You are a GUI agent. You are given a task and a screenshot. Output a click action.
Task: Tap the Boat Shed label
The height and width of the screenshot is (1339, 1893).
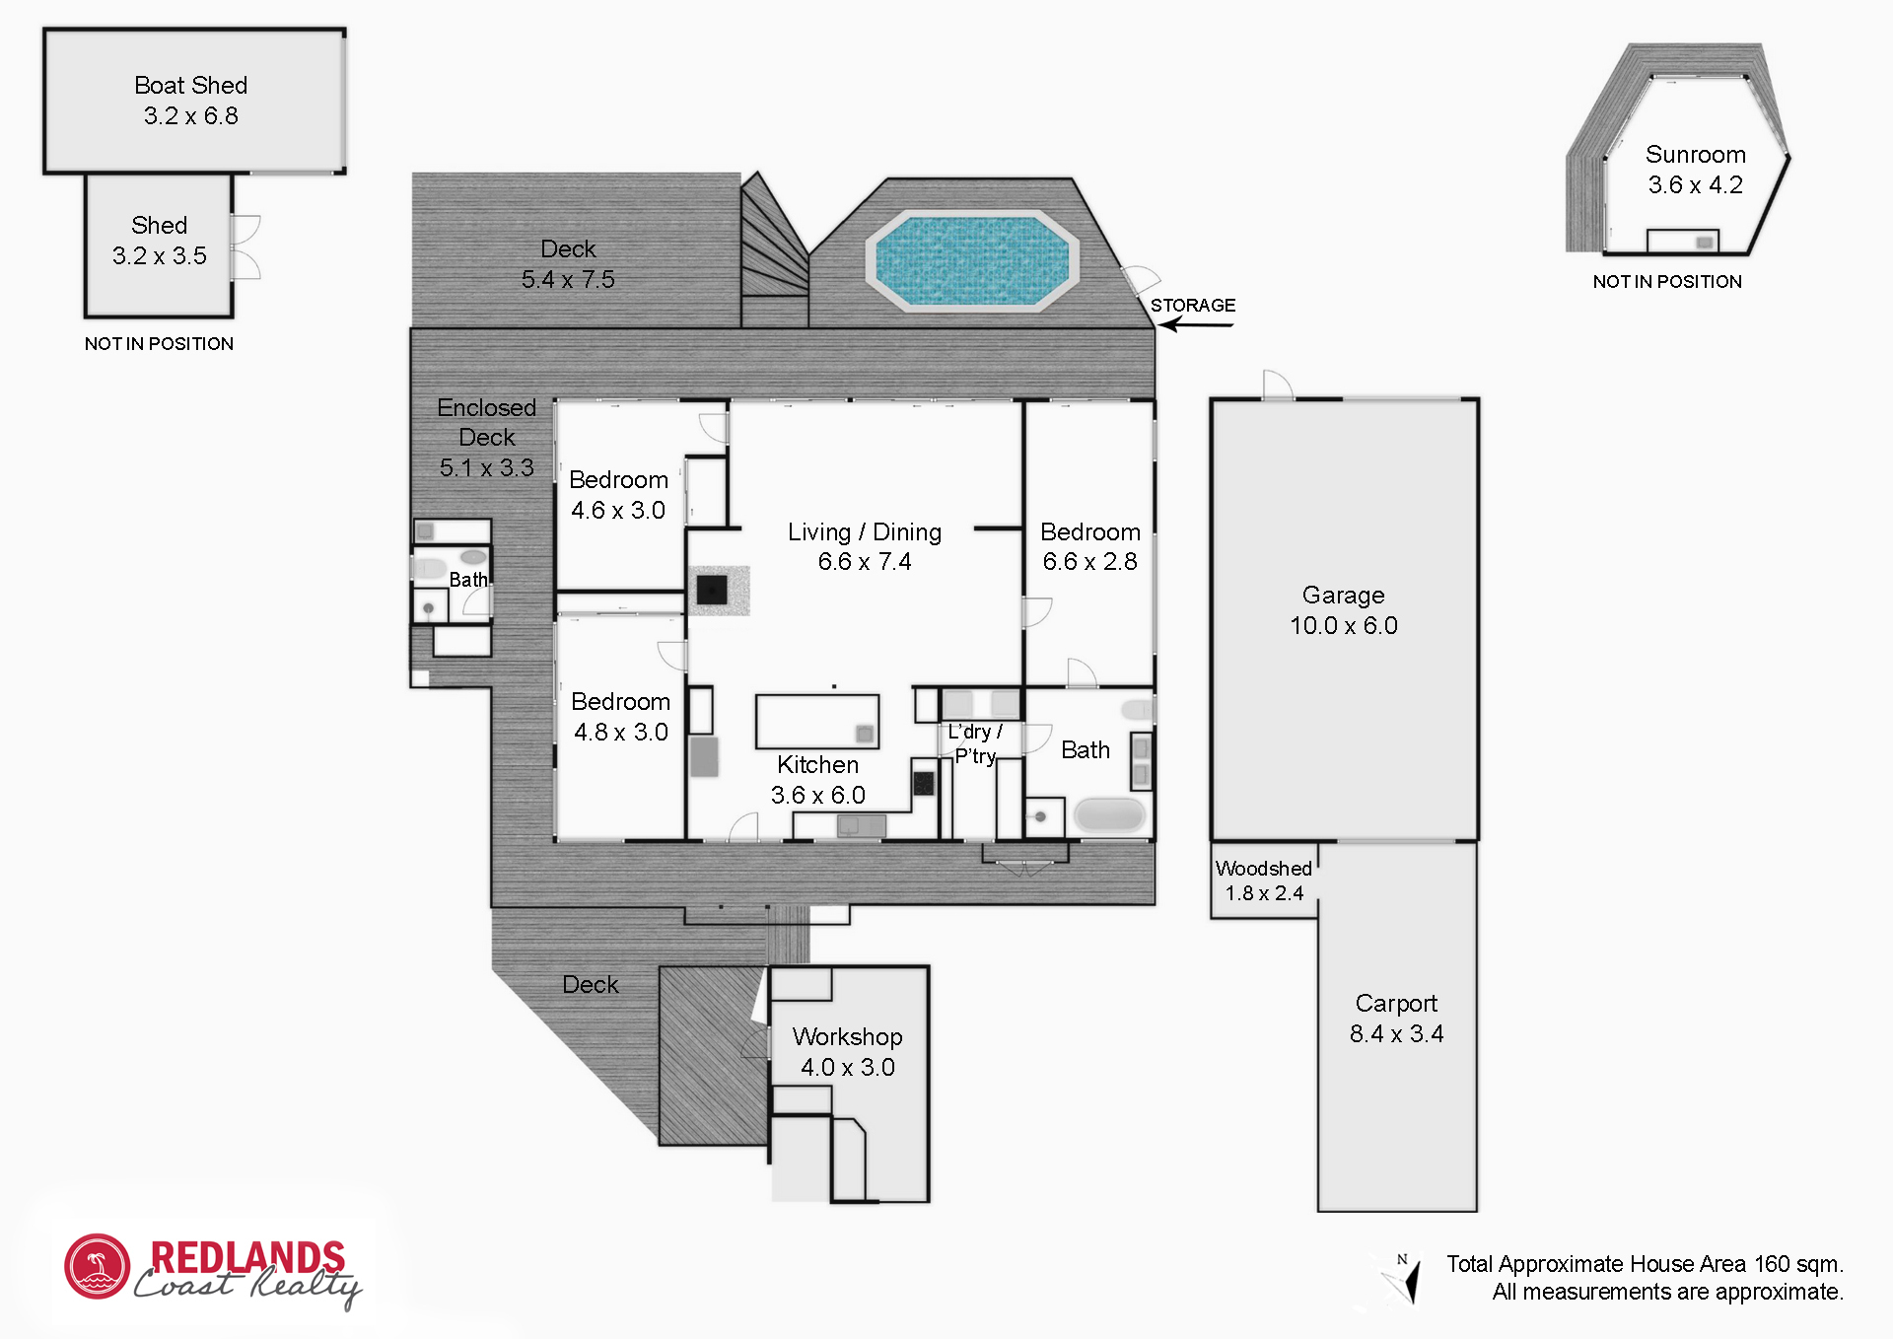click(x=191, y=86)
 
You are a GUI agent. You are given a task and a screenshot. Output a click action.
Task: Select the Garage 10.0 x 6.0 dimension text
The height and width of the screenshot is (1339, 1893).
click(x=1344, y=625)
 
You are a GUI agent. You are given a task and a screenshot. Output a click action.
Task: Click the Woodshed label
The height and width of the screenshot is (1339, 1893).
click(x=1263, y=869)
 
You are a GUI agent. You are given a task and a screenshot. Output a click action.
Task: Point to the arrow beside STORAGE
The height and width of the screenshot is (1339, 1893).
click(x=1195, y=324)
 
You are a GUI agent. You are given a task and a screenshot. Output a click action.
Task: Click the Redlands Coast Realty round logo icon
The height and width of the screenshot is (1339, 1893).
click(x=98, y=1267)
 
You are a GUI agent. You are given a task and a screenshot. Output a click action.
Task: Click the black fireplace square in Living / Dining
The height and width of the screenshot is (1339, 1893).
click(x=712, y=590)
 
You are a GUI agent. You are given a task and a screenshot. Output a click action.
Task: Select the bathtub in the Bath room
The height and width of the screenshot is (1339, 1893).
click(x=1109, y=815)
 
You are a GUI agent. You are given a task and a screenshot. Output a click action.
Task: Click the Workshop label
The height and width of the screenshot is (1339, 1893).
click(x=848, y=1036)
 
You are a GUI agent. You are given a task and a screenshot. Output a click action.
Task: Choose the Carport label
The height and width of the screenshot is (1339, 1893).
click(x=1396, y=1003)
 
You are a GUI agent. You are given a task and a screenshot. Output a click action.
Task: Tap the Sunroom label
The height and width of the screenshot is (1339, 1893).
click(x=1696, y=155)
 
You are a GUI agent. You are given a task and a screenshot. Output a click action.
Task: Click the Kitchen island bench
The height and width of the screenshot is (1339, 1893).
click(x=817, y=722)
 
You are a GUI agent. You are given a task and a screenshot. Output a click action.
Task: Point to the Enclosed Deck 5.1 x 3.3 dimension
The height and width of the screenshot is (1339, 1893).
click(x=487, y=467)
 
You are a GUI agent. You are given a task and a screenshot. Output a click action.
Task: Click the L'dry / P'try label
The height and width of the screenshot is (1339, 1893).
click(x=975, y=743)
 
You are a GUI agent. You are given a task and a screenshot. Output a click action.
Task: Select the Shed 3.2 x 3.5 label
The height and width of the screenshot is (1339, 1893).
click(x=160, y=241)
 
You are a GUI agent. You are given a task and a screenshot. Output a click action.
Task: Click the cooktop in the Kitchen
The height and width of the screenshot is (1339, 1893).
click(x=924, y=783)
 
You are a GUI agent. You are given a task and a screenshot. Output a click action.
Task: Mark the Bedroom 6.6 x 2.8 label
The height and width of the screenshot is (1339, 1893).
click(x=1090, y=546)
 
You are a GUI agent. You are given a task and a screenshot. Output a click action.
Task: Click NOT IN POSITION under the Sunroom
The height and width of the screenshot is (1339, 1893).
click(x=1667, y=282)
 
